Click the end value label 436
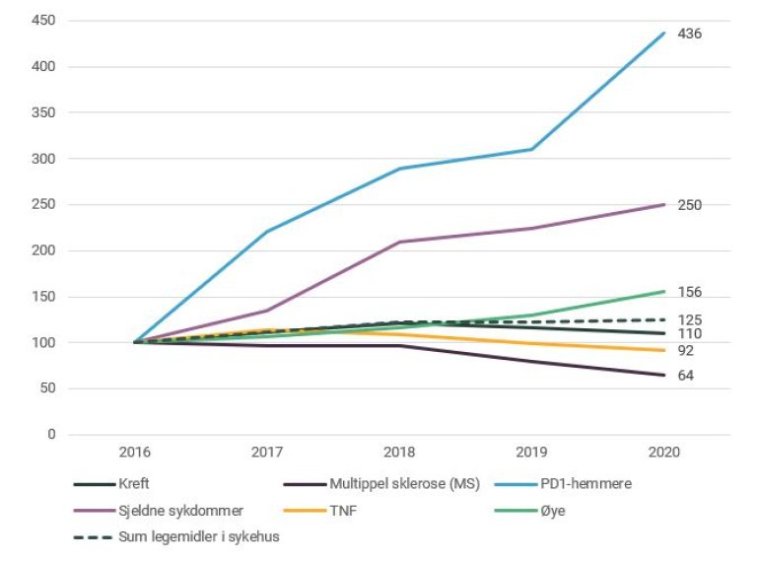point(690,34)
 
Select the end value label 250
point(690,205)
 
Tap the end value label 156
point(690,292)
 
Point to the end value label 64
point(686,376)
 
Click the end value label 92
point(686,351)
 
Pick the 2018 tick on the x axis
point(399,453)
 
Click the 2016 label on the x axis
point(134,453)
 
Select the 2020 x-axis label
point(664,453)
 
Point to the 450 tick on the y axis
point(42,21)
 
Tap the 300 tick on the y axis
point(42,159)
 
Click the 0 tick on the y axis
point(50,435)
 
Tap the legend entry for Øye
point(546,510)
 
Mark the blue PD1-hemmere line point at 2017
point(266,232)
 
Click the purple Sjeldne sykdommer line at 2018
point(399,242)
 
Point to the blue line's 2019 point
point(532,149)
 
